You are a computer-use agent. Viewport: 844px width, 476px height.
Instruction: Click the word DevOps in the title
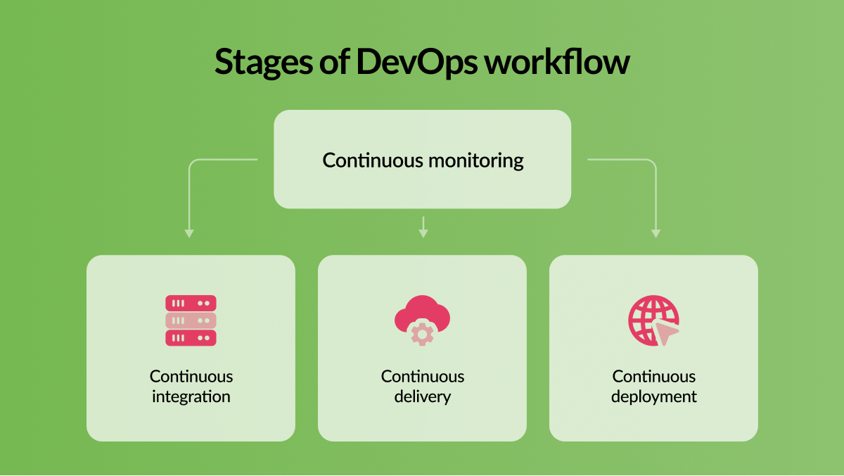click(417, 62)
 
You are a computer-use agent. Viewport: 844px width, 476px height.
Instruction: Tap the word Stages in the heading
click(264, 63)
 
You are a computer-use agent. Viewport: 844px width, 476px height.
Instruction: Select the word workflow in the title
click(557, 61)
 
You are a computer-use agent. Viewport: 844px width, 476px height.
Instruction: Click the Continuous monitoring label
click(423, 161)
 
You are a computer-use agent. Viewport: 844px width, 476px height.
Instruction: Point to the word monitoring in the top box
click(476, 161)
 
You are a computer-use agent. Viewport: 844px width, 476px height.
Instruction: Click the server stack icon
click(191, 320)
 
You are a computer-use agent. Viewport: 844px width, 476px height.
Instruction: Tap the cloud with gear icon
click(423, 320)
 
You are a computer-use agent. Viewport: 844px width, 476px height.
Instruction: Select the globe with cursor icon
click(653, 320)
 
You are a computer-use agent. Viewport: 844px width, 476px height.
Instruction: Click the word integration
click(191, 396)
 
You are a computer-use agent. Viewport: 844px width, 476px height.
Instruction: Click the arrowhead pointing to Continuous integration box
click(189, 234)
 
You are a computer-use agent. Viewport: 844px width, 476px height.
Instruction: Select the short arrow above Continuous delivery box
click(423, 227)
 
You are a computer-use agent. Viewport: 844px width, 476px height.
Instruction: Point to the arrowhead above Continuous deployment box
click(656, 234)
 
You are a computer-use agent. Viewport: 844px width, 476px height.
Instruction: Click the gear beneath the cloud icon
click(423, 334)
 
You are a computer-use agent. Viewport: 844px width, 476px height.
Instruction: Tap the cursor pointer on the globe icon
click(666, 332)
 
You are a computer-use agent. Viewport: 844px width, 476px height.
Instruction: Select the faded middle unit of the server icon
click(191, 320)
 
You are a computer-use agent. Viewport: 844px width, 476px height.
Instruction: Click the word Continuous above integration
click(191, 377)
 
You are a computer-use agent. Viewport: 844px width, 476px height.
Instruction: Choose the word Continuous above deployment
click(653, 377)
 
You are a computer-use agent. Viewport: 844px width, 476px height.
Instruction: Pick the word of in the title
click(335, 61)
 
